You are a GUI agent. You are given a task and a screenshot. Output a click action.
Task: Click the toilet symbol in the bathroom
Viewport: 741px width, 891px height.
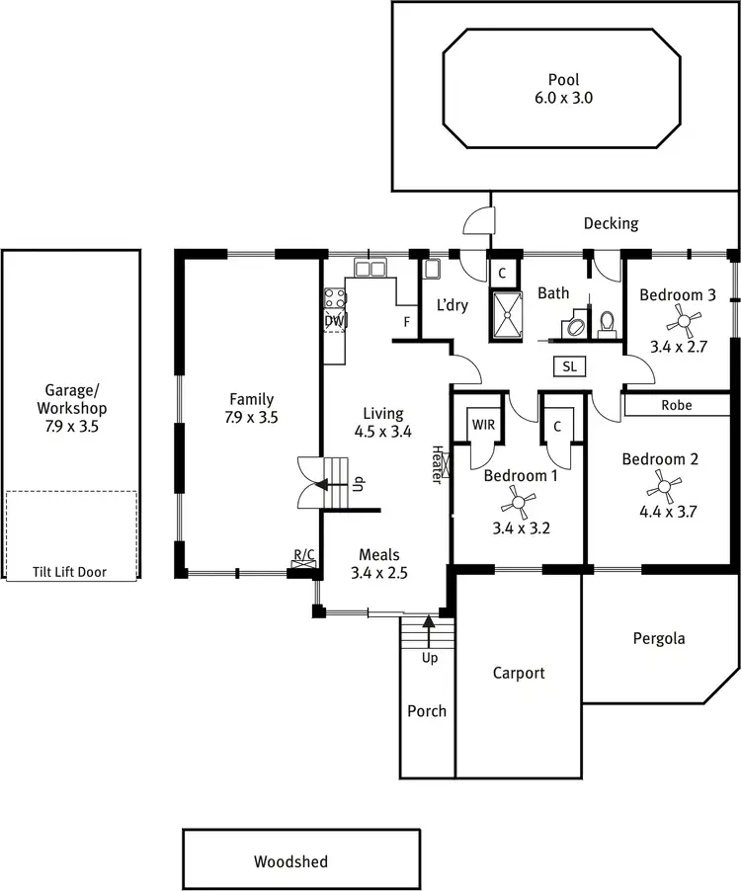607,323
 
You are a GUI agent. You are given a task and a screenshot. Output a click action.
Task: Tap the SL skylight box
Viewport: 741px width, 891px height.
569,366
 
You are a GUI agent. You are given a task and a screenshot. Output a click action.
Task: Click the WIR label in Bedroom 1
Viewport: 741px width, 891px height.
483,424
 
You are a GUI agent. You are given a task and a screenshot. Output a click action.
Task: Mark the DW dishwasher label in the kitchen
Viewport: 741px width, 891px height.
334,321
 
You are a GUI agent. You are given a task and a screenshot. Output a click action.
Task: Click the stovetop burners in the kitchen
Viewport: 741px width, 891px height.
334,298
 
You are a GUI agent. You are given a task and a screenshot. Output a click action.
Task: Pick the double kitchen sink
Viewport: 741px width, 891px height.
371,268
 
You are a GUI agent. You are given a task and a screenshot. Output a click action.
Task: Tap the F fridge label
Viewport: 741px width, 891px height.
405,322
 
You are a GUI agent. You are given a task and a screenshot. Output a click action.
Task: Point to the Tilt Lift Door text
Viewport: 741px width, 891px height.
70,572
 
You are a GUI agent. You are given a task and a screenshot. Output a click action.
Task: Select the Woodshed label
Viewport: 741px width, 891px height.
290,861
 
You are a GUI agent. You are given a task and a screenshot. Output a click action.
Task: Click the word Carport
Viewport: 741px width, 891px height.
519,673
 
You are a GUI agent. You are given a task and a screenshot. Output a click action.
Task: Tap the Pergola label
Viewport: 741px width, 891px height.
659,638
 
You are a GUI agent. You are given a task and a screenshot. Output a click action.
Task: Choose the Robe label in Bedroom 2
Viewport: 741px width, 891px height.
677,405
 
